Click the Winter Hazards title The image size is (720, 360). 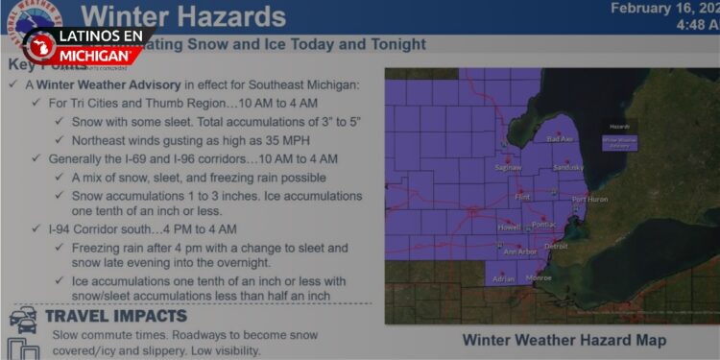tap(183, 16)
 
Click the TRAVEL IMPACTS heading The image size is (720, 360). tap(115, 316)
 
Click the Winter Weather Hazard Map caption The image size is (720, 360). tap(563, 340)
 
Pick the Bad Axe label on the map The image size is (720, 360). tap(559, 139)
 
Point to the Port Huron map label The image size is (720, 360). tap(589, 200)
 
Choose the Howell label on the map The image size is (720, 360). tap(509, 228)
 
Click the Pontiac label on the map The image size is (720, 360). tap(543, 225)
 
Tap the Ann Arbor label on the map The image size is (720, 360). tap(520, 252)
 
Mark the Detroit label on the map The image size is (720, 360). tap(556, 247)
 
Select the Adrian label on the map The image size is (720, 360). tap(503, 279)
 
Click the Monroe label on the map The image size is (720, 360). tap(539, 277)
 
